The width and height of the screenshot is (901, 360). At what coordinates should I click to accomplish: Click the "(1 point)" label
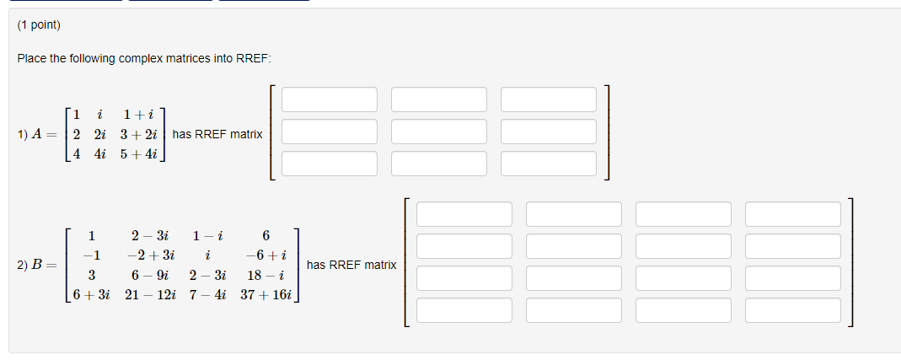39,25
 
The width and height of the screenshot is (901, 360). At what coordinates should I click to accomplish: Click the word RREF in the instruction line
254,58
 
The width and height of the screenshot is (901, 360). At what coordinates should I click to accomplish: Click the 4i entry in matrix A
100,153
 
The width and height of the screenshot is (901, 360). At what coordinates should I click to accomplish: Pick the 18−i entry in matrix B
265,275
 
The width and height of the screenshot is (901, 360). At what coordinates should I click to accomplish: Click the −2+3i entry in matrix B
151,255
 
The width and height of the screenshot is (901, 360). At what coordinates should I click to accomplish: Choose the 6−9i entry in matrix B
151,275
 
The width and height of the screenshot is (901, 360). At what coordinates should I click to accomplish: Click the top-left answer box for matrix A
330,99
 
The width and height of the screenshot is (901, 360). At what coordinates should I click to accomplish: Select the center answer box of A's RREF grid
439,131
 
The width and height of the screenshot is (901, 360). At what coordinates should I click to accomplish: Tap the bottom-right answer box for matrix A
549,162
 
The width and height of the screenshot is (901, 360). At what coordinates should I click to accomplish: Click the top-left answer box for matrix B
464,214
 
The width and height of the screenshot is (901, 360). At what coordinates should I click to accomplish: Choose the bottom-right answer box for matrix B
793,309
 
